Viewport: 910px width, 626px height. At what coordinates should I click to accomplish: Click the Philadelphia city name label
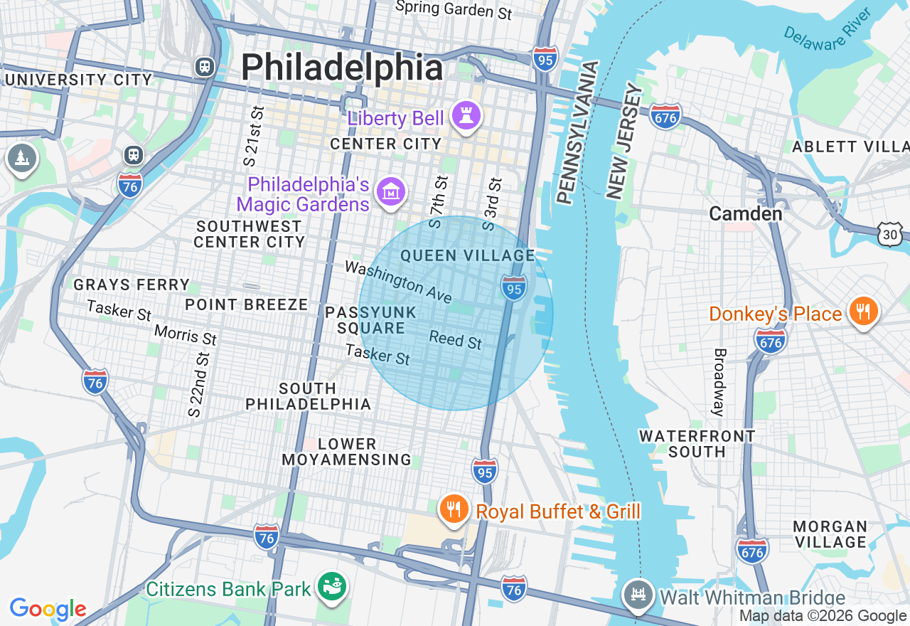pyautogui.click(x=342, y=68)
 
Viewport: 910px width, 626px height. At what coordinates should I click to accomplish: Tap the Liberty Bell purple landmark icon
pyautogui.click(x=466, y=118)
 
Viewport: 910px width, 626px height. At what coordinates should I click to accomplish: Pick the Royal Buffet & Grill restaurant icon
pyautogui.click(x=453, y=510)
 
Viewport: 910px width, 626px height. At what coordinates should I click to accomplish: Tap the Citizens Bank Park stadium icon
pyautogui.click(x=331, y=588)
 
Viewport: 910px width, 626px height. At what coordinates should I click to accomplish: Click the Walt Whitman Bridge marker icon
pyautogui.click(x=637, y=595)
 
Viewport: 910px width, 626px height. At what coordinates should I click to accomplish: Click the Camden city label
pyautogui.click(x=746, y=213)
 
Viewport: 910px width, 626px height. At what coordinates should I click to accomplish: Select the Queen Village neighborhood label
pyautogui.click(x=467, y=255)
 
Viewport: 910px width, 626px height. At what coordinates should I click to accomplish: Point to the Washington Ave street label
pyautogui.click(x=398, y=282)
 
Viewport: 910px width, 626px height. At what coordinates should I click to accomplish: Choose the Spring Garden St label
pyautogui.click(x=454, y=9)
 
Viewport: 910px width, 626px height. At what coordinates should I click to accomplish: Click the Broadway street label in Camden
pyautogui.click(x=719, y=382)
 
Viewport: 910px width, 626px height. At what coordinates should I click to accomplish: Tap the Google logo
pyautogui.click(x=48, y=609)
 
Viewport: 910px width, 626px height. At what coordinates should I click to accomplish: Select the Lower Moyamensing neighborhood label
pyautogui.click(x=346, y=452)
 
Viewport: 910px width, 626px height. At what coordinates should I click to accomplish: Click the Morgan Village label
pyautogui.click(x=830, y=534)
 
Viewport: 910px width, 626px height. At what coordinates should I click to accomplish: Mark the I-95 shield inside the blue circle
pyautogui.click(x=513, y=287)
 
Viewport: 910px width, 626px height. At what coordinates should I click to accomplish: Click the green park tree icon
pyautogui.click(x=21, y=158)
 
